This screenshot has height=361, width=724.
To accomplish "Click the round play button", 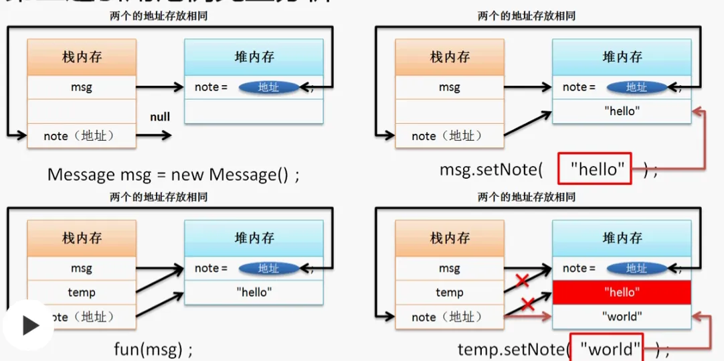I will (x=28, y=326).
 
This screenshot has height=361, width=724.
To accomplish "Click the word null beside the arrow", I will (x=160, y=117).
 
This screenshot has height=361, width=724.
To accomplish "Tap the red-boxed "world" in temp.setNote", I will (x=606, y=348).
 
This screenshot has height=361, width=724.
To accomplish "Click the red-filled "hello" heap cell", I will (x=621, y=292).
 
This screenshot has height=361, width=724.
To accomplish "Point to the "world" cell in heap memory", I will (x=621, y=316).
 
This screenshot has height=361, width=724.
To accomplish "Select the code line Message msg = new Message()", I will (x=173, y=175).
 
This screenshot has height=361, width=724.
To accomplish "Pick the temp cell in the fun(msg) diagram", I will (x=82, y=293).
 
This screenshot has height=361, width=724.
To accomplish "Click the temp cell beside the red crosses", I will (x=449, y=293).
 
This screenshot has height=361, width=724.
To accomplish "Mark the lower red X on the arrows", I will (x=527, y=304).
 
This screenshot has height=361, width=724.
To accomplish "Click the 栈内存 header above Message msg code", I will (x=82, y=57).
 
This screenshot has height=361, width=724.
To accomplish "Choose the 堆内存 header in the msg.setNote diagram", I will (x=622, y=57).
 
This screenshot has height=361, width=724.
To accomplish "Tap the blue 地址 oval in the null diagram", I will (x=268, y=87).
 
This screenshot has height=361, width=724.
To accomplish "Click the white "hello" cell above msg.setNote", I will (x=621, y=111).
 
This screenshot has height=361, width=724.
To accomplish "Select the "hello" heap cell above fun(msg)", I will (x=254, y=292).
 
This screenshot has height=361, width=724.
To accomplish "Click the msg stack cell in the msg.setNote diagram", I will (x=449, y=87).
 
